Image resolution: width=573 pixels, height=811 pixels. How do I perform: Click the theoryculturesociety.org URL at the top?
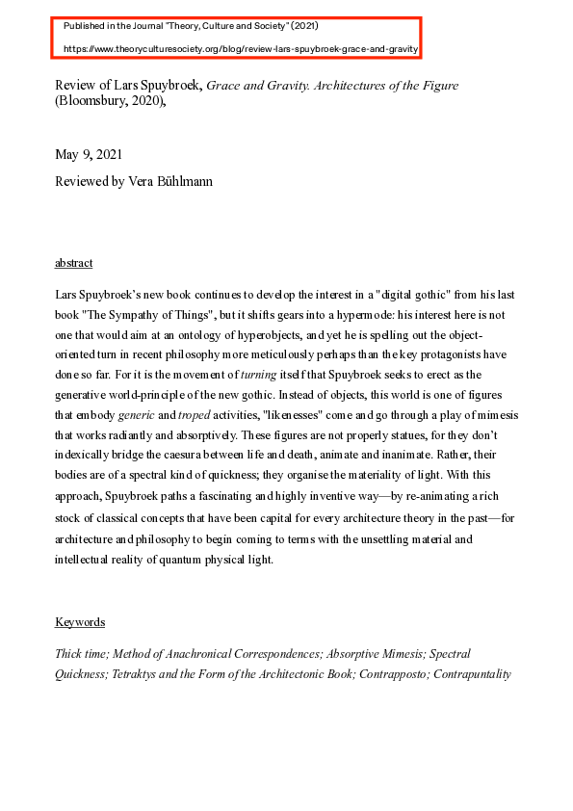(241, 47)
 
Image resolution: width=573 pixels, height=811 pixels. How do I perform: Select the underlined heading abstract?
(74, 263)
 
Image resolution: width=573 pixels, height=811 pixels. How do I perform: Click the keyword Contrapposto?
(394, 673)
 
